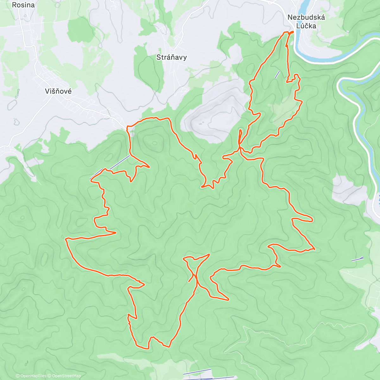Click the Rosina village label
(23, 5)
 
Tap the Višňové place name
(58, 91)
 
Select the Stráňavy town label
(171, 57)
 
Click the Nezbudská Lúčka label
(306, 22)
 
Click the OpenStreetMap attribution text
(66, 376)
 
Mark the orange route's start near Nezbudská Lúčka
(291, 32)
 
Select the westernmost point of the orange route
(66, 239)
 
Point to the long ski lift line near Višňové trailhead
(110, 167)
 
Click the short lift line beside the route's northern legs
(277, 75)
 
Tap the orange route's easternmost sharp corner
(314, 249)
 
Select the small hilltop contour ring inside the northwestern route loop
(155, 143)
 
